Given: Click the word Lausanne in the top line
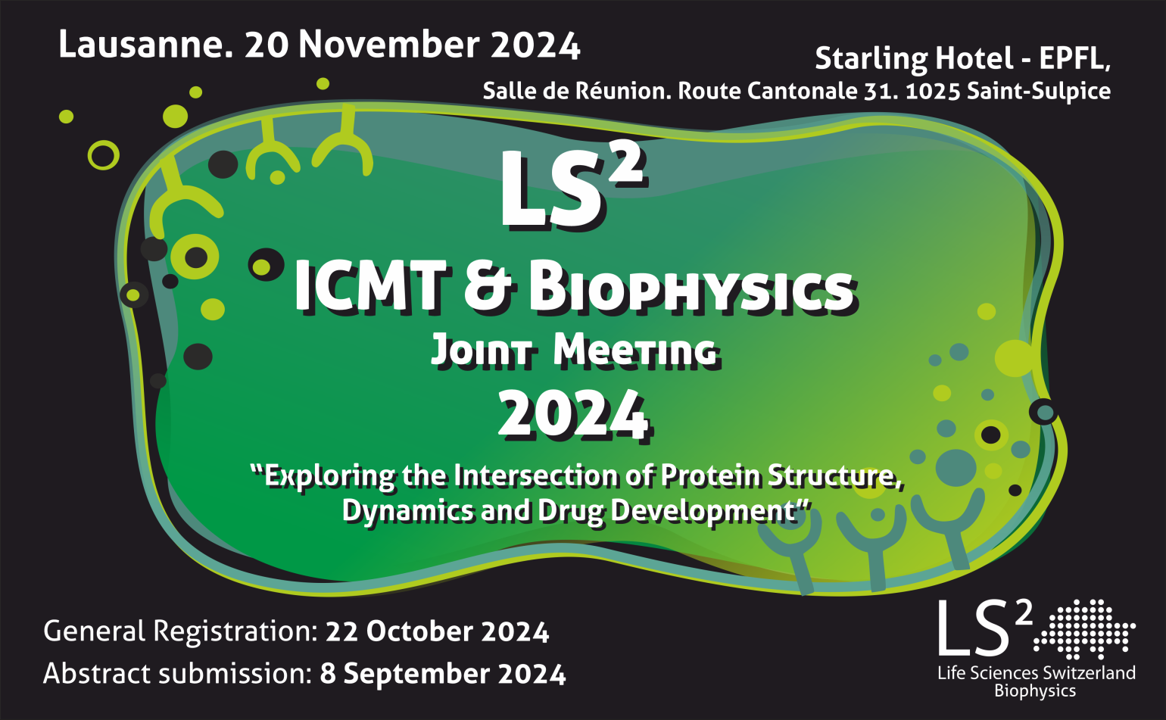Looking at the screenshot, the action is click(x=144, y=45).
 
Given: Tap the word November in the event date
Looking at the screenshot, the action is click(x=388, y=45).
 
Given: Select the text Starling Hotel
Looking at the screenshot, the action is click(x=914, y=59).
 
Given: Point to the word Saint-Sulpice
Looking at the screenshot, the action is click(x=1039, y=92).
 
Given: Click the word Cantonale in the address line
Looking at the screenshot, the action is click(x=802, y=91).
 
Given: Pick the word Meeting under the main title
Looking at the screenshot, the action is click(x=635, y=351).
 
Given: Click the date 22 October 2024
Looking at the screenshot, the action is click(x=438, y=632).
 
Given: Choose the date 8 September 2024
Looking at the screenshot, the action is click(x=442, y=674).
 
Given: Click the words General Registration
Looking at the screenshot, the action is click(x=180, y=632).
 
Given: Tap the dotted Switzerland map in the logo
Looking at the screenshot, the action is click(x=1084, y=629).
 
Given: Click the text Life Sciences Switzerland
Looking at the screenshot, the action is click(x=1037, y=673).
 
